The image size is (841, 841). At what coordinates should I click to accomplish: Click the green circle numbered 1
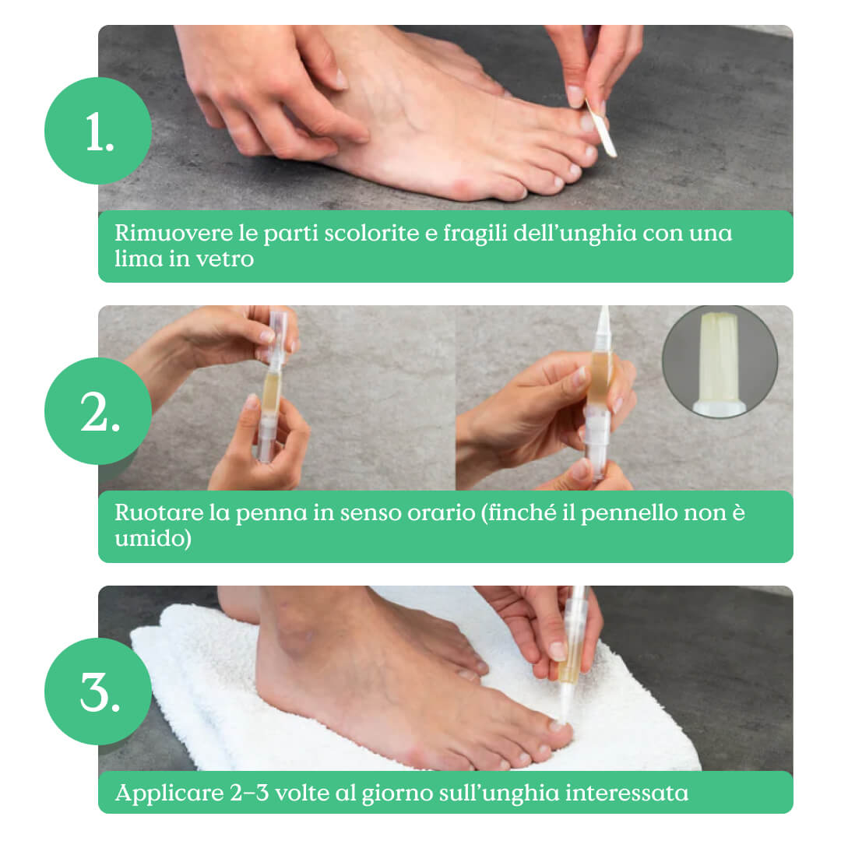point(98,131)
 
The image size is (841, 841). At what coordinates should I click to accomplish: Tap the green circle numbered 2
point(98,411)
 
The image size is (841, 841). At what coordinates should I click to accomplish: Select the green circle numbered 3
point(98,691)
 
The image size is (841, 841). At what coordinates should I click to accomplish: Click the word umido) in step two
point(153,539)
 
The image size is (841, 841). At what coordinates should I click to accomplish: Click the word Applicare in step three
point(169,793)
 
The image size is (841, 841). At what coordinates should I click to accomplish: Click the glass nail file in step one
point(600,128)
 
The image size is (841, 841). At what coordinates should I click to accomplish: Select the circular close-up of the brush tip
point(720,361)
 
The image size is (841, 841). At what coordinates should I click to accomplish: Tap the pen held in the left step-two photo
point(273,385)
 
